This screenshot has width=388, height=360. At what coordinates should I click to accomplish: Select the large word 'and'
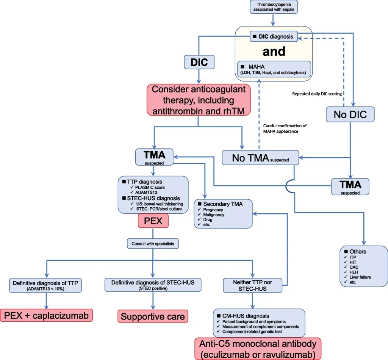(274, 51)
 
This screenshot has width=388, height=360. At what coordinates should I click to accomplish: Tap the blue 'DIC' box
(199, 62)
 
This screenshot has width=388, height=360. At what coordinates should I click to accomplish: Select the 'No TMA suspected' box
(260, 158)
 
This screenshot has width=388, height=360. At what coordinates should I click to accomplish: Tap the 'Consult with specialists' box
(153, 244)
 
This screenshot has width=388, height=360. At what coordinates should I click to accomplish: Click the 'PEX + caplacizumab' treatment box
(47, 315)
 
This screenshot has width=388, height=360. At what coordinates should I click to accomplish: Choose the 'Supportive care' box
(153, 316)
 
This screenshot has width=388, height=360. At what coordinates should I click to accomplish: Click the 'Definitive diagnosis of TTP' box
(47, 285)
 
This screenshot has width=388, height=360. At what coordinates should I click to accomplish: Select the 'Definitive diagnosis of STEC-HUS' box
(153, 285)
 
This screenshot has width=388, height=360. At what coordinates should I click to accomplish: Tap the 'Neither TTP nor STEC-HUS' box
(252, 285)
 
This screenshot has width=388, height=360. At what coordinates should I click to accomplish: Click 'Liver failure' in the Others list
(360, 277)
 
